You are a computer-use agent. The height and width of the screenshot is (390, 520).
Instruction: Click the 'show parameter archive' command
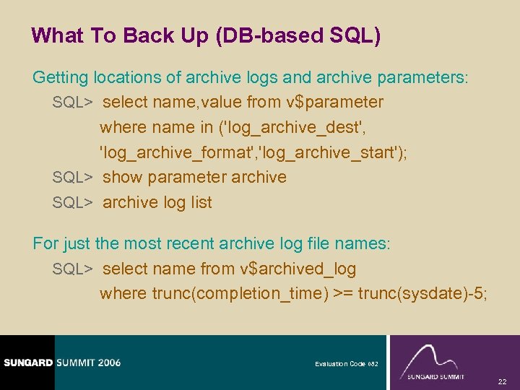point(194,177)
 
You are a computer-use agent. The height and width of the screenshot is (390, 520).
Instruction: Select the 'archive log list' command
point(157,202)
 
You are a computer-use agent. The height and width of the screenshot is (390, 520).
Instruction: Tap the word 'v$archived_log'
point(298,269)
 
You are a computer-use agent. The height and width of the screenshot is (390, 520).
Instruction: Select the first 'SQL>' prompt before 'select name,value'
point(72,103)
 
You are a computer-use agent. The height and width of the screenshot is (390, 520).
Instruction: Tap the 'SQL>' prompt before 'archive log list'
point(72,202)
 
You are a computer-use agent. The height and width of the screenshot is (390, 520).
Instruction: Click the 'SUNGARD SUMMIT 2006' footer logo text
point(61,362)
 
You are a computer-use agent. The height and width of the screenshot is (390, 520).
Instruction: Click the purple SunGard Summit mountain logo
point(435,361)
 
